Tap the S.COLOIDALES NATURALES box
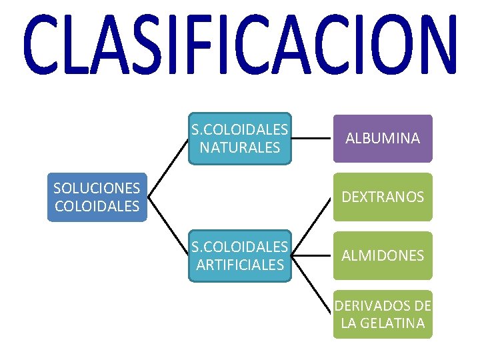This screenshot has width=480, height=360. (x=240, y=138)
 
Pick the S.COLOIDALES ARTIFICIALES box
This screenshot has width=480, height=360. (x=240, y=256)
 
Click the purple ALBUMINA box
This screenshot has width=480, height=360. (x=383, y=139)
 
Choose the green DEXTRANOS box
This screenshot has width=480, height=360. (x=383, y=197)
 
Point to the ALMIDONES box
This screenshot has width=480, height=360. (x=383, y=255)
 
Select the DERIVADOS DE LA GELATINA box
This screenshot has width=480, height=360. (x=383, y=314)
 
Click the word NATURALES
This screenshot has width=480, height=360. (x=240, y=147)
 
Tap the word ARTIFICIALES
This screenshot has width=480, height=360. (x=240, y=265)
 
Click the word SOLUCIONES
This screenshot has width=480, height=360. (x=97, y=188)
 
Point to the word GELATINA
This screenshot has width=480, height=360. (x=392, y=323)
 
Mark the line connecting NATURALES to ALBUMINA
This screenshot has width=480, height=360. (x=313, y=139)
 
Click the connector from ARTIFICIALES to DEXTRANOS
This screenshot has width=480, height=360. (x=313, y=225)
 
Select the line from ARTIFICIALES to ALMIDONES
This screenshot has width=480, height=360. (x=313, y=256)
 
